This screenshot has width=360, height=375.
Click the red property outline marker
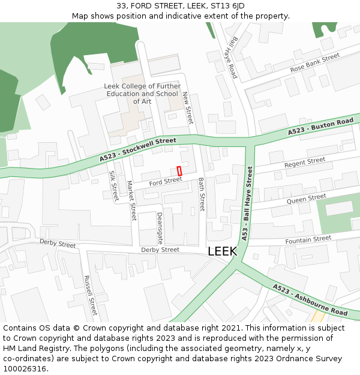coord(179,171)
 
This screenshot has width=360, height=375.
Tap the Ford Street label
coord(165,181)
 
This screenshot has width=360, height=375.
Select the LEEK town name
coord(222,251)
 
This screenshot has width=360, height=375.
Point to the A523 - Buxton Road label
coord(320,126)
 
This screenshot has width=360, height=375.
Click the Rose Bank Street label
coord(314,63)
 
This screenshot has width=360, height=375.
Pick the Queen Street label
coord(306,198)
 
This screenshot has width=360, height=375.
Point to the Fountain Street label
coord(308,239)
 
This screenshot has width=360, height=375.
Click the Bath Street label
coord(202,194)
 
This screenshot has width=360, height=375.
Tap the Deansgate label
coord(160,227)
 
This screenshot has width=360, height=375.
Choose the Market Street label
coord(131,201)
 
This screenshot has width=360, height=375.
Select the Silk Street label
coord(113,185)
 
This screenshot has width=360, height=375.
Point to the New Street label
coord(188,108)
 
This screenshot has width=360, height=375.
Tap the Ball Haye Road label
coord(231,56)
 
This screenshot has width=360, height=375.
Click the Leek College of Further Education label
coord(142,94)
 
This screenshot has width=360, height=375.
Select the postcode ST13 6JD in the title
coord(225,5)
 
